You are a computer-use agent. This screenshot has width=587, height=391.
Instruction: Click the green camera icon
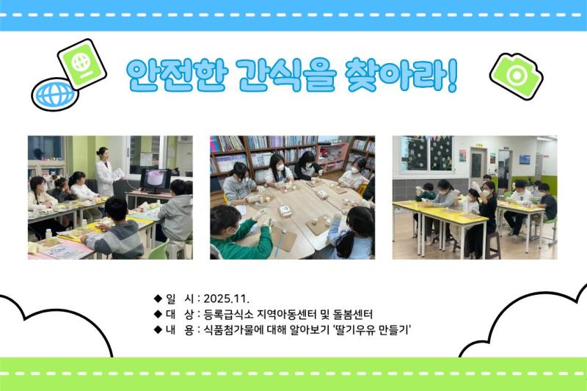click(x=516, y=75)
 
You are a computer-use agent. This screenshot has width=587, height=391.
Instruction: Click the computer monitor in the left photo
click(x=155, y=179)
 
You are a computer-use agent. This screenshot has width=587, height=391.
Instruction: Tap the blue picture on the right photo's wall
click(x=524, y=159)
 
